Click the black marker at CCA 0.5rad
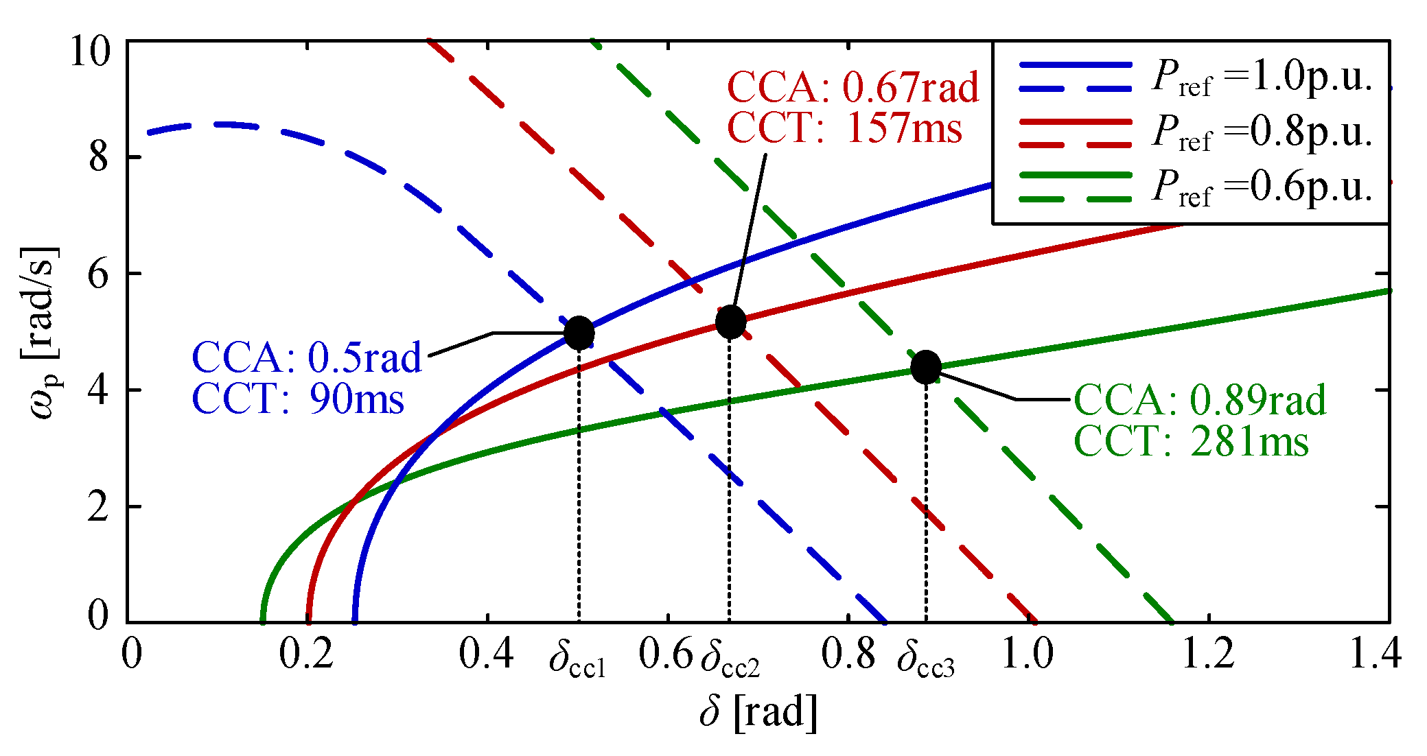tap(579, 333)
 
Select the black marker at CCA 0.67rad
tap(730, 322)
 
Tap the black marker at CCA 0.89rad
tap(926, 367)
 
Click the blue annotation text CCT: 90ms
tap(298, 398)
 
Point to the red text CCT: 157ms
tap(845, 127)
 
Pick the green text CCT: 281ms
tap(1192, 441)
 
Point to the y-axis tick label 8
tap(99, 157)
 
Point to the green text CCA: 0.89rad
tap(1200, 400)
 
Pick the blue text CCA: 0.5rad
tap(306, 357)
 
